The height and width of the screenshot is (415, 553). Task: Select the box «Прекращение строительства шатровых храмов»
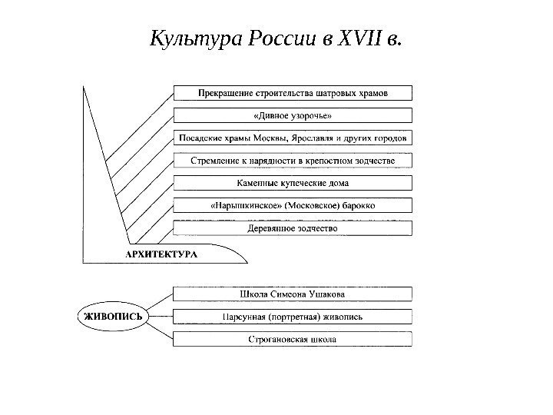(x=293, y=93)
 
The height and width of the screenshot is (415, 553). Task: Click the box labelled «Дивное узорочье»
(x=293, y=115)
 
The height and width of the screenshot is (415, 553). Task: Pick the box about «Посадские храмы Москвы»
(x=293, y=138)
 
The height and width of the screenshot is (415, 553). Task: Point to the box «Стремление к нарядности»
(x=293, y=161)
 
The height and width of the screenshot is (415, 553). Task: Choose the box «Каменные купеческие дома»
(x=293, y=183)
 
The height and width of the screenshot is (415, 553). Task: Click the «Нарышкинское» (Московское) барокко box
(x=293, y=205)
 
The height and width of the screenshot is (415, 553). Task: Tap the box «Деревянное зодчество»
(x=293, y=228)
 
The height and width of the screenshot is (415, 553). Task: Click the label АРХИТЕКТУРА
(x=161, y=253)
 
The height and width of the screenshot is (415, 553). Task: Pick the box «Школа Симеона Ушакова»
(x=293, y=294)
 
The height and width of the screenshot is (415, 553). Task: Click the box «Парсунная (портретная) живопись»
(x=293, y=316)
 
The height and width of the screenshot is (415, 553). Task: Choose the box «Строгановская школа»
(x=293, y=338)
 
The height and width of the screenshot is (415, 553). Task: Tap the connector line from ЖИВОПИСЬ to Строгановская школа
(x=158, y=329)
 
